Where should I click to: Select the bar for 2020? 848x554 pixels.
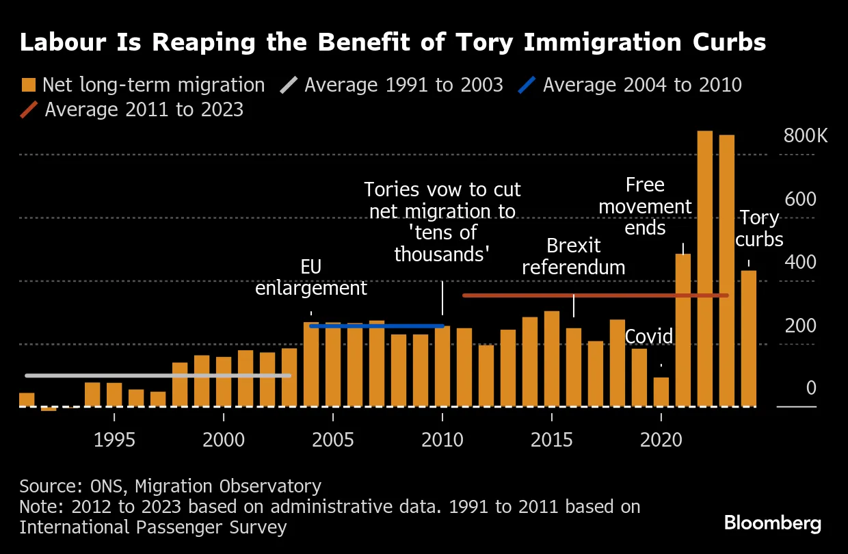click(661, 393)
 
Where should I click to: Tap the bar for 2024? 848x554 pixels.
click(749, 339)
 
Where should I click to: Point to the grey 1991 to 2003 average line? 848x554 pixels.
click(157, 375)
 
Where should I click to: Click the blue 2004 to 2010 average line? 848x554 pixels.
click(377, 326)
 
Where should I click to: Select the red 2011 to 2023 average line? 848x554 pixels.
click(595, 295)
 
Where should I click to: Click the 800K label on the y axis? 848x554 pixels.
click(806, 136)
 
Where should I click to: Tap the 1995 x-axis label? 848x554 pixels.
click(114, 439)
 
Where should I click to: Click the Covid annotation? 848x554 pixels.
click(649, 337)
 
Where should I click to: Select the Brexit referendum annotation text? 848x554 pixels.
click(574, 256)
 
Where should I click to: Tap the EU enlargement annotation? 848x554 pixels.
click(311, 277)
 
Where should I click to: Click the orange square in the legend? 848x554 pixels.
click(28, 85)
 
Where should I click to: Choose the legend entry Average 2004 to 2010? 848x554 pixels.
click(642, 85)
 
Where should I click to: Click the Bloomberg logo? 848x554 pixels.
click(773, 524)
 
